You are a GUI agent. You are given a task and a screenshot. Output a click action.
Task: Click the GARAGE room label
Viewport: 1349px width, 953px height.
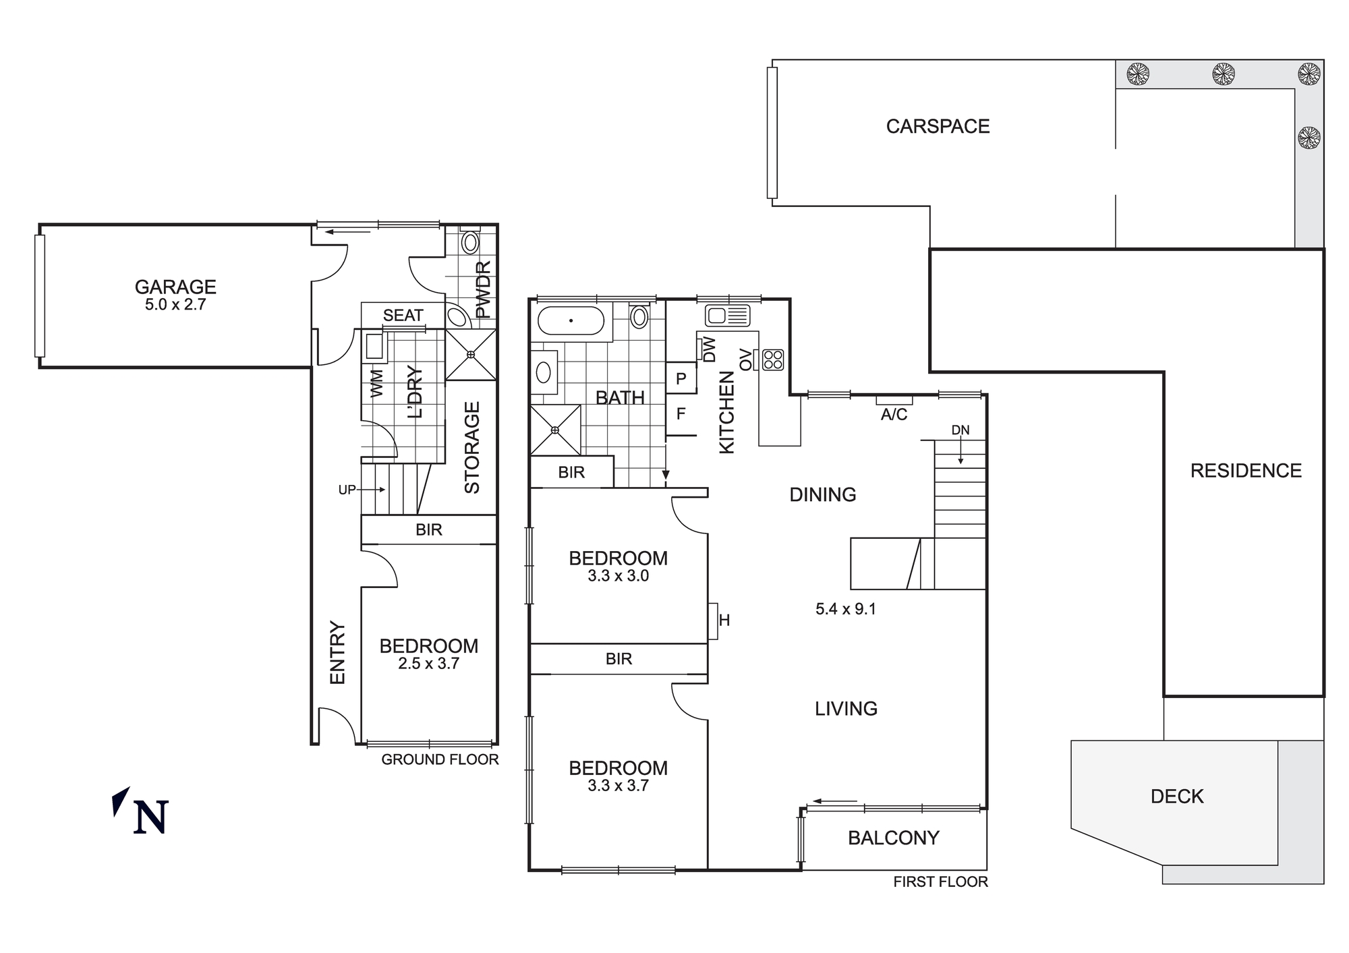point(175,287)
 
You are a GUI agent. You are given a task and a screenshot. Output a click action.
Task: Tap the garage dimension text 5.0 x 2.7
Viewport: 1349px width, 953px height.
point(175,304)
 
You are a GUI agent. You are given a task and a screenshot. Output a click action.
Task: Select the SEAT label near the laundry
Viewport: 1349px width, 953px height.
point(403,315)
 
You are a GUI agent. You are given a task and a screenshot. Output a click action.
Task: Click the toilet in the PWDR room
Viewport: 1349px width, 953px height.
point(470,241)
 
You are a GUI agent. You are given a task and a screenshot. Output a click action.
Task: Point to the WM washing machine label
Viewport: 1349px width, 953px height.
point(376,382)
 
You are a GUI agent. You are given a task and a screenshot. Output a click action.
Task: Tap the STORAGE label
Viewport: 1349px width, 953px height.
point(472,447)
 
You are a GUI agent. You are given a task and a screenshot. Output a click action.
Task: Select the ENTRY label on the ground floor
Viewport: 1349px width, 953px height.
point(337,652)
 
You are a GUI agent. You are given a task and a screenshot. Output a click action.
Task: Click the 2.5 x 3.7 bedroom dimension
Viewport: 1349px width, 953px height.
point(428,664)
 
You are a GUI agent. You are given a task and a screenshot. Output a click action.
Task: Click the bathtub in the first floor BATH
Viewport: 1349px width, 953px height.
point(571,321)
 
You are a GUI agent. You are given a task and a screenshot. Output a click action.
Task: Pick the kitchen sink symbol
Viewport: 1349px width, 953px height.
point(727,315)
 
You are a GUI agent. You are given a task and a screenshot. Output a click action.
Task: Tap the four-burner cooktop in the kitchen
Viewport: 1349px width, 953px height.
point(773,359)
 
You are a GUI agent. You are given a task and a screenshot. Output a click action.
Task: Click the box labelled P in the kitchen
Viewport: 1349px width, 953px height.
point(681,378)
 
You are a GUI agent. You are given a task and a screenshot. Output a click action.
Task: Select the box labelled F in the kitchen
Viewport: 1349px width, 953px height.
point(681,413)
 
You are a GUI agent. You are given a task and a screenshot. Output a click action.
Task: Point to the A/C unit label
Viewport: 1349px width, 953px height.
point(894,414)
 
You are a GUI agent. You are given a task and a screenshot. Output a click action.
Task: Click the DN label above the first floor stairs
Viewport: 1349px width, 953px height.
point(960,430)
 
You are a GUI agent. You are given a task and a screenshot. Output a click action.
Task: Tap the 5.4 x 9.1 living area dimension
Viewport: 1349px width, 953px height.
point(845,609)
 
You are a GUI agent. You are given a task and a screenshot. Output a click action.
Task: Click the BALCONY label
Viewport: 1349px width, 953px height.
point(893,838)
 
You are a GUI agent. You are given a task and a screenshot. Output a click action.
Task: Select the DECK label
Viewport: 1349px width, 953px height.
point(1177,797)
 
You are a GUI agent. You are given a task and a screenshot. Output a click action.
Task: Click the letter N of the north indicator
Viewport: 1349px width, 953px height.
point(150,817)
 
